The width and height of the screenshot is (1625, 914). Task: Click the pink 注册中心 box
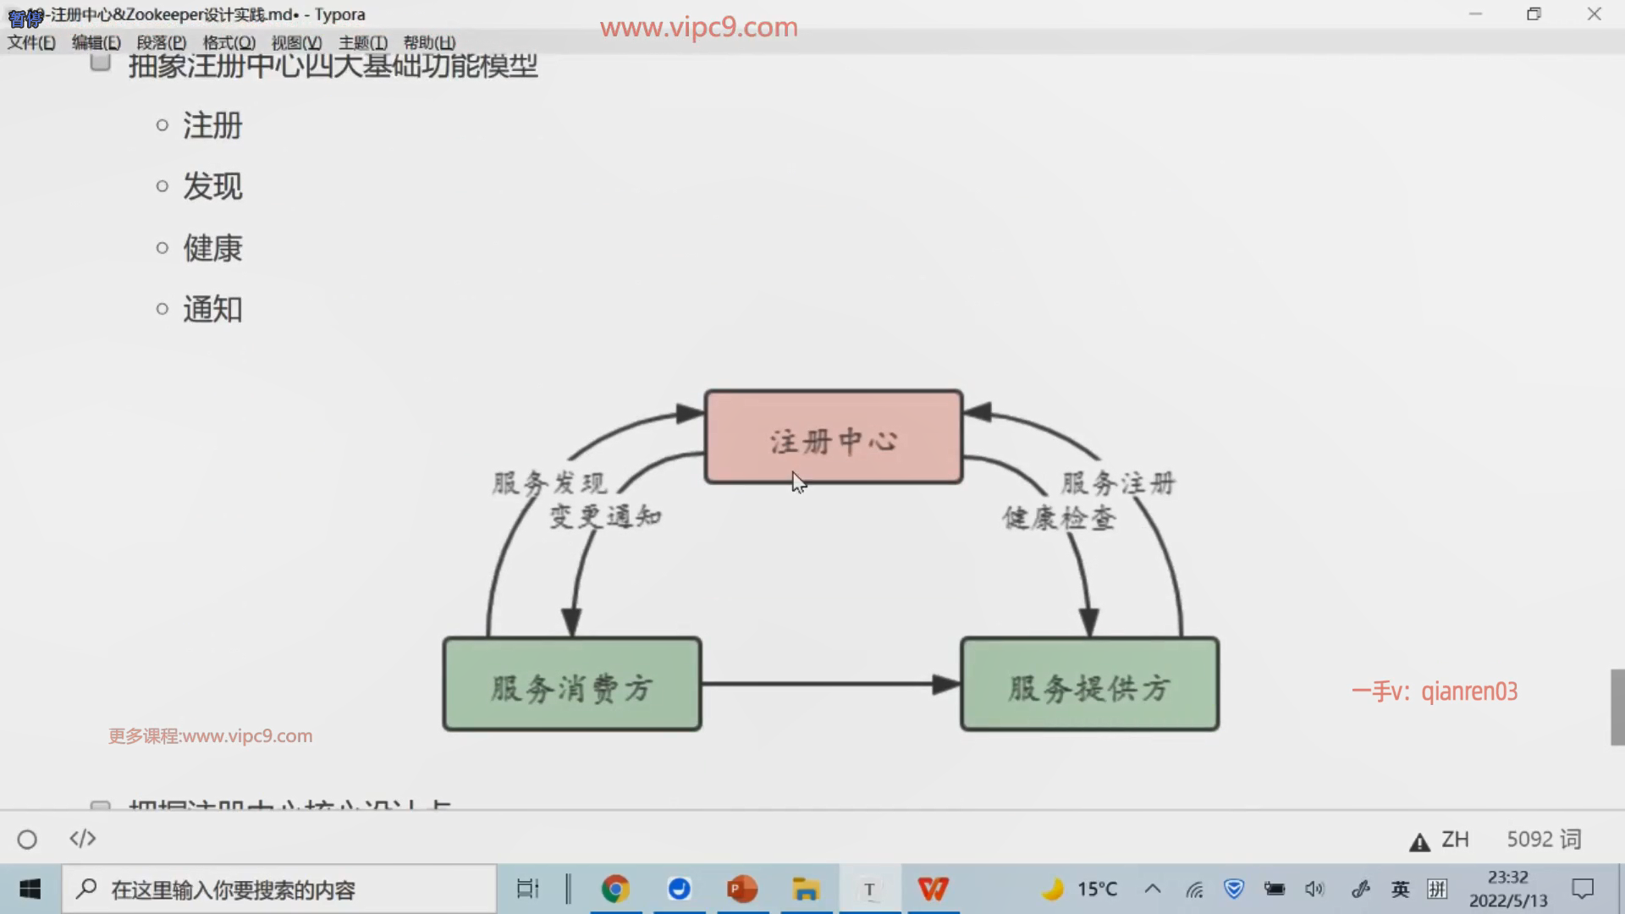pos(834,437)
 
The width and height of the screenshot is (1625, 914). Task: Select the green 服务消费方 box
pos(572,685)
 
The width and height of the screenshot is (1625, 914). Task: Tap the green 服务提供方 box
pos(1089,685)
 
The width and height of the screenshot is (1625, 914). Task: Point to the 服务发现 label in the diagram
pos(549,483)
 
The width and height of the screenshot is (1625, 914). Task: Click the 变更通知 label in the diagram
pos(605,516)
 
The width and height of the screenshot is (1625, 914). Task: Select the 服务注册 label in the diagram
pos(1118,483)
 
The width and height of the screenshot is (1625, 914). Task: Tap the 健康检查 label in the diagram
pos(1059,518)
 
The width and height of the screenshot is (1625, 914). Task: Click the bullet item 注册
pos(212,125)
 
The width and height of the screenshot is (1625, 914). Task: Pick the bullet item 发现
pos(212,186)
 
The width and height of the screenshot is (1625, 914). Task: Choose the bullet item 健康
pos(212,248)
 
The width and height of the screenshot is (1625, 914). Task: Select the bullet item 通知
pos(212,309)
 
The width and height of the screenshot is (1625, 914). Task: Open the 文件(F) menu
pos(31,42)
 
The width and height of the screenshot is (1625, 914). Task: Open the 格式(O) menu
pos(229,42)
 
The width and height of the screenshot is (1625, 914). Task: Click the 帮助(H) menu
pos(429,42)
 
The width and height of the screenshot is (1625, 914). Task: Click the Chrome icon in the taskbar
pos(615,889)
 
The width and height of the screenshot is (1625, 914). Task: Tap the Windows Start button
pos(30,889)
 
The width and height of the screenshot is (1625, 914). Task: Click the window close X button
pos(1595,14)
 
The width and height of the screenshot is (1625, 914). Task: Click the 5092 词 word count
pos(1544,839)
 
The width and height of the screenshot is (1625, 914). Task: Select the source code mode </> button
pos(82,839)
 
